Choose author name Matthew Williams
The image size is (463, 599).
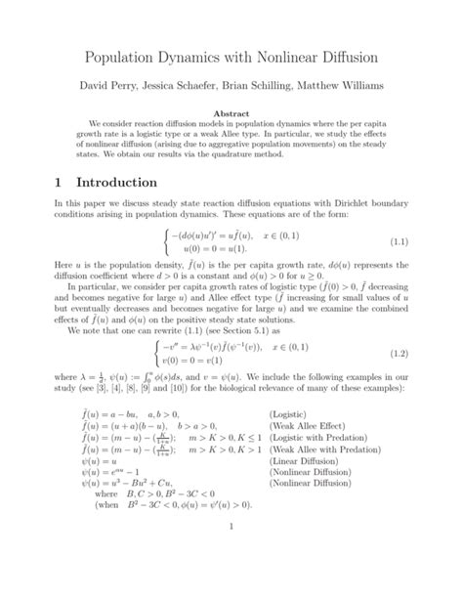[x=356, y=87]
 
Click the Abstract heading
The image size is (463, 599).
[x=231, y=114]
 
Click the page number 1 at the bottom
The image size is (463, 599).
[x=231, y=556]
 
